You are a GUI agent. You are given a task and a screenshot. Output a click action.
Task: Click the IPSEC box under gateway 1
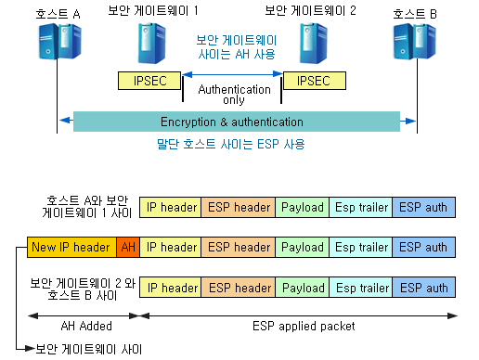tap(149, 81)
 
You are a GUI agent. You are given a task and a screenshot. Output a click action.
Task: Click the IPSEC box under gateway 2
tap(313, 81)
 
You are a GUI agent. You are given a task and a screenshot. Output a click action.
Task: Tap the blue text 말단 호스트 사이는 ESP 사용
tap(230, 145)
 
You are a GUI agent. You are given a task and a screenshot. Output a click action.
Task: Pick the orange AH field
tap(127, 248)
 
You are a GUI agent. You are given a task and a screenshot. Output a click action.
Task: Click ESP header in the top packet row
tap(239, 207)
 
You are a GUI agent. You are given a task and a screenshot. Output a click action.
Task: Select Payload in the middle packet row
tap(303, 248)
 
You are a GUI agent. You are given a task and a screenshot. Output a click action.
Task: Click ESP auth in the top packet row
tap(422, 207)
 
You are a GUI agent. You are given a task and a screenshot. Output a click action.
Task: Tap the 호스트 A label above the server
tap(57, 13)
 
